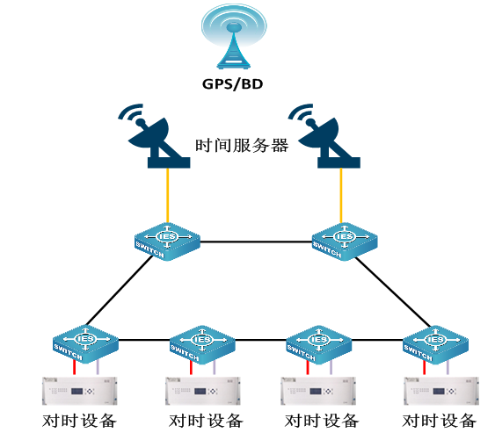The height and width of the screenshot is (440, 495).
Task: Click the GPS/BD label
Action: (x=232, y=84)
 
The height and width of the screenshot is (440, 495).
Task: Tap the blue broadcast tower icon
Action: (x=234, y=37)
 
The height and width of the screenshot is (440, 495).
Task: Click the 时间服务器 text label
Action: (x=242, y=146)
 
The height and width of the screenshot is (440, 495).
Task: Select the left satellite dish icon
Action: (x=155, y=136)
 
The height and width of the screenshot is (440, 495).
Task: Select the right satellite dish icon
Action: (x=324, y=136)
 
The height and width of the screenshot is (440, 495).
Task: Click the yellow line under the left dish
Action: (x=168, y=195)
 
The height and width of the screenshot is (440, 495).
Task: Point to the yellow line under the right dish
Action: (x=341, y=195)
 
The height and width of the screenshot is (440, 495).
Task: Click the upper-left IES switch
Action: (x=167, y=242)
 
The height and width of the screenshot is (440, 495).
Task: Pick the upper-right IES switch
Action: (x=345, y=242)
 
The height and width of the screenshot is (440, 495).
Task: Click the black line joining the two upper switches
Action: (x=256, y=242)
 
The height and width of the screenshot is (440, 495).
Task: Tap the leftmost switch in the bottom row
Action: (x=85, y=343)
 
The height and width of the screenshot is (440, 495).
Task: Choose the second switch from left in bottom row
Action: (x=202, y=344)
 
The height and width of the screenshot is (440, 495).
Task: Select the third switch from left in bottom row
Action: (x=319, y=344)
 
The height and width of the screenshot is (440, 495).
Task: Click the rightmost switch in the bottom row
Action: (x=435, y=344)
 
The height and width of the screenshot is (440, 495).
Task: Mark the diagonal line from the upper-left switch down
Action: (x=120, y=290)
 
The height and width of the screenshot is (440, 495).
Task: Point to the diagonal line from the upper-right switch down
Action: (x=393, y=292)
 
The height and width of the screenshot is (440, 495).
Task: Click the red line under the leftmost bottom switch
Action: (x=75, y=367)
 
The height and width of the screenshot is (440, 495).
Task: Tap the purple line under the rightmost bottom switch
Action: (x=448, y=367)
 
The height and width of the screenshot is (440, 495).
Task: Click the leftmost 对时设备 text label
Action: (x=79, y=421)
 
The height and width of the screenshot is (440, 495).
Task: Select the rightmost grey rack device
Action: (x=441, y=391)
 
